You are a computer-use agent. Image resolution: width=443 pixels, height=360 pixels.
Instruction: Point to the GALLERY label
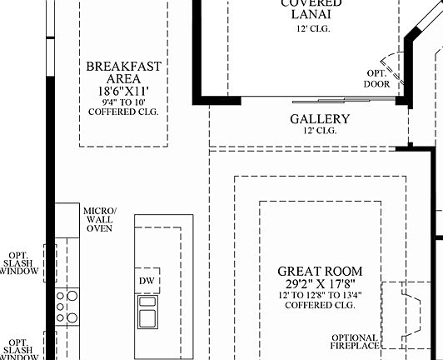click(x=320, y=119)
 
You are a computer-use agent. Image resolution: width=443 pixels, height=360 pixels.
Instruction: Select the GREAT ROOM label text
click(x=320, y=272)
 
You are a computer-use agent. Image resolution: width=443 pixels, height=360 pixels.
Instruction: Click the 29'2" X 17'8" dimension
click(x=320, y=284)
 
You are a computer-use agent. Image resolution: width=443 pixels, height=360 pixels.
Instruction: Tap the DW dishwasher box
click(x=147, y=282)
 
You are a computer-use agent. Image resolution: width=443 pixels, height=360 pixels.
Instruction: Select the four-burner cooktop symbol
click(x=67, y=306)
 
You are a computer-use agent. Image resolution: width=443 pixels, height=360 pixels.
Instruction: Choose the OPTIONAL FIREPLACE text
click(x=354, y=342)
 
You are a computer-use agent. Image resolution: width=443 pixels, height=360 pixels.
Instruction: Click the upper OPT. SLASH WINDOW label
click(x=18, y=262)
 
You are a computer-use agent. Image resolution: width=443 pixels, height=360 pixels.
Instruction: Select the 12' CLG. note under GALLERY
click(x=320, y=131)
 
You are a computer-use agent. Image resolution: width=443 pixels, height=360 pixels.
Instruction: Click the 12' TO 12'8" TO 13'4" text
click(x=320, y=296)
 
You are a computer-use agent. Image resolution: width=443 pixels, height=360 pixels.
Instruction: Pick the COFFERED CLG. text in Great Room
click(x=320, y=306)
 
